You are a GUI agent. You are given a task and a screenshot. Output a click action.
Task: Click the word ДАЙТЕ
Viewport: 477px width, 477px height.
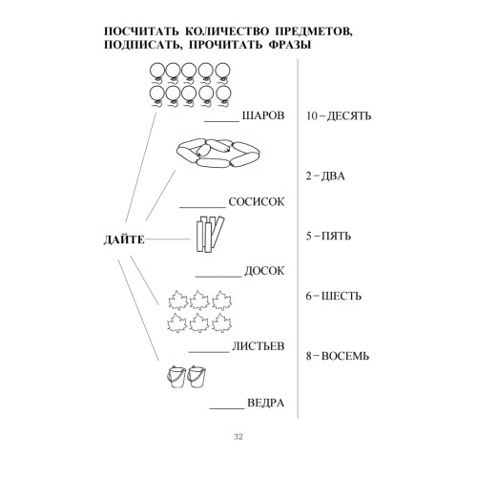124,239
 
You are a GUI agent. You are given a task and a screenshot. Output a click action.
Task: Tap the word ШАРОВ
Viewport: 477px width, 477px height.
263,115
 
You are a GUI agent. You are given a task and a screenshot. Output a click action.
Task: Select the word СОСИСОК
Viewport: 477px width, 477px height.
257,201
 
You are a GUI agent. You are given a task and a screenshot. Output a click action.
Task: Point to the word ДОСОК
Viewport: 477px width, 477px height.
264,271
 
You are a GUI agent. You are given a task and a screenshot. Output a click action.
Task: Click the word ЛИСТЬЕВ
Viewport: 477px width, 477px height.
258,346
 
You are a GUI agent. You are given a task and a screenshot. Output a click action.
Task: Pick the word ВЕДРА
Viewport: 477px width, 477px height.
266,403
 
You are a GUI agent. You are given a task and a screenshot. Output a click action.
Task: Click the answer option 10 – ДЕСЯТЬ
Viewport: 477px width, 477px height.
339,115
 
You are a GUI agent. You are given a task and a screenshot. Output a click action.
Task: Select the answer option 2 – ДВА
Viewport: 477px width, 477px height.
325,176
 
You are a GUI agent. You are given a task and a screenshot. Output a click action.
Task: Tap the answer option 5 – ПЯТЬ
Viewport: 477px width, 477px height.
328,236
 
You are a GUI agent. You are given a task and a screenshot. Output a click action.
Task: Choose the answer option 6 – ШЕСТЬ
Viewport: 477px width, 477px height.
334,296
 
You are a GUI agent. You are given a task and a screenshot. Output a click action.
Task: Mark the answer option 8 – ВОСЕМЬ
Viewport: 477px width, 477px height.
338,356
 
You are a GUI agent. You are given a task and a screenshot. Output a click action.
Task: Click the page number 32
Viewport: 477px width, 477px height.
238,437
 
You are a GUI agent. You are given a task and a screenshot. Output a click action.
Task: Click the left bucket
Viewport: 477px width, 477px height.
176,377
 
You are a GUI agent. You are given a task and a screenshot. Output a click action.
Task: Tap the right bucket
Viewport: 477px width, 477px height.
197,377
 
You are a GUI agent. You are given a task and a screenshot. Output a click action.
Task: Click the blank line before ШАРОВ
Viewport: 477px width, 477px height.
221,121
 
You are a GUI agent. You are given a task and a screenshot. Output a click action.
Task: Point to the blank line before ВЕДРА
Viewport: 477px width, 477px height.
227,408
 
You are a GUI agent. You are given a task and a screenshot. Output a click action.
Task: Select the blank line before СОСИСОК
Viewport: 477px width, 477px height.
203,208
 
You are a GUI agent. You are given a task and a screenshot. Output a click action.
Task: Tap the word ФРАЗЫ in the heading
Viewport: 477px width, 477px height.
290,45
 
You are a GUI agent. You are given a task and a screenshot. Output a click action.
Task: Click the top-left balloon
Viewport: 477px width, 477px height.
157,71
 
